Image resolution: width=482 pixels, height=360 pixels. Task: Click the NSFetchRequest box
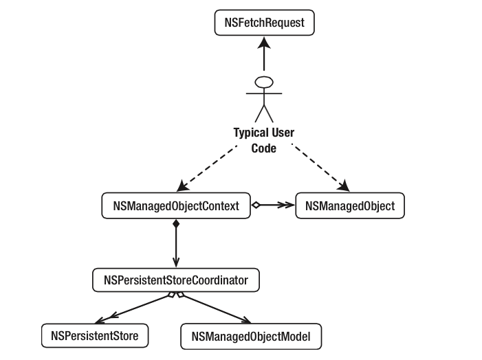[264, 23]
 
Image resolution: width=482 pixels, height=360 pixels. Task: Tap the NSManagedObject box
[349, 205]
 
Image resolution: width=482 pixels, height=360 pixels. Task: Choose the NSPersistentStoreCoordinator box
[175, 280]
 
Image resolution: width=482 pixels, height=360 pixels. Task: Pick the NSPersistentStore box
[94, 336]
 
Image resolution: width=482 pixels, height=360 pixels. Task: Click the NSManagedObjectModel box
[251, 337]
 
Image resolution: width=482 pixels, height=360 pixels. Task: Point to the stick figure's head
[263, 82]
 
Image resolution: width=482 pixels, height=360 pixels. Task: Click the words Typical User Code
[263, 139]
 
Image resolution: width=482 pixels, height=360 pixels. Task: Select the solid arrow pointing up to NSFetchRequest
[263, 58]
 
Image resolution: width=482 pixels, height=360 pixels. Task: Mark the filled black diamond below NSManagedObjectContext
[176, 224]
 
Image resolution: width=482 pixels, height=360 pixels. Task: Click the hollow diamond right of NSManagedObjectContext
[256, 205]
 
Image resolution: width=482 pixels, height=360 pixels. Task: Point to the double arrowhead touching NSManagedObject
[288, 205]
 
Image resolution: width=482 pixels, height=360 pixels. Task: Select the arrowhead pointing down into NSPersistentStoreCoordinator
[176, 262]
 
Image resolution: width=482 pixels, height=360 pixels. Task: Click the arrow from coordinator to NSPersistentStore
[134, 307]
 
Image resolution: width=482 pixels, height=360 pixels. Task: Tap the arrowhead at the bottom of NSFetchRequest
[263, 43]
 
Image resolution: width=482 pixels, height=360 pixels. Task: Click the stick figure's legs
[263, 113]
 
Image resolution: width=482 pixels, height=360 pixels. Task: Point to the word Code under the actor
[263, 147]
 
